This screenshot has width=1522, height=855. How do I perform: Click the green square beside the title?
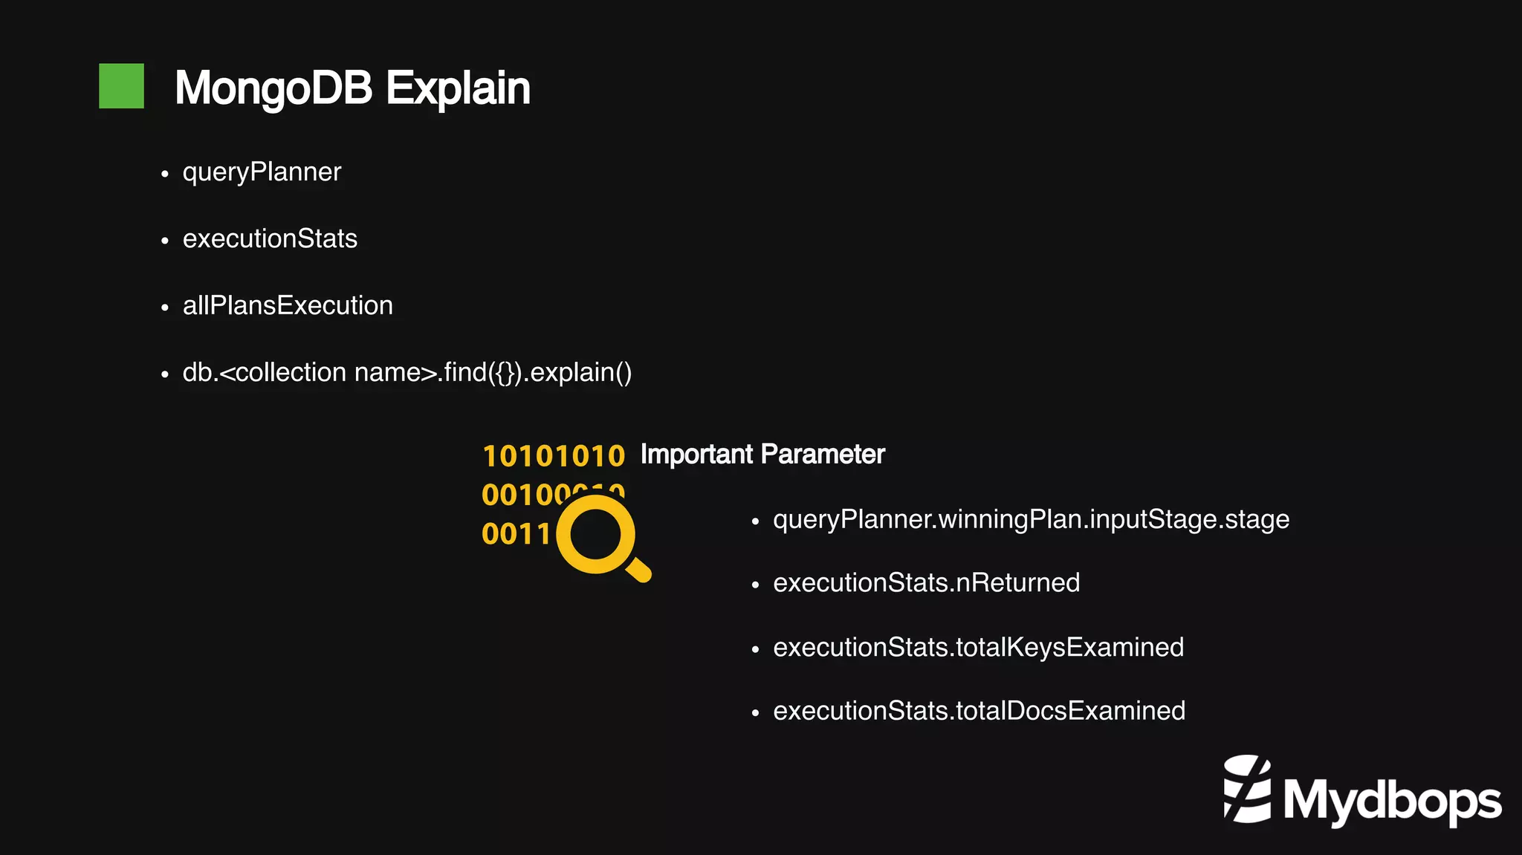(121, 86)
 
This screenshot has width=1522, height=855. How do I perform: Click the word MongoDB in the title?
(273, 88)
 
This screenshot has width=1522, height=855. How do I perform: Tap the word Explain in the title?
(458, 88)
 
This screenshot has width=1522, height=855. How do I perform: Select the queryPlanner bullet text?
(262, 172)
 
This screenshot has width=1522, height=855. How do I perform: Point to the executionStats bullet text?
(270, 239)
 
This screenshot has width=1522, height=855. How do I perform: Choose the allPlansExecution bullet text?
(288, 306)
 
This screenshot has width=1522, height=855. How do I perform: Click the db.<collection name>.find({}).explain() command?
(407, 373)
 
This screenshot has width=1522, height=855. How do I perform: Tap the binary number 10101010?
(554, 456)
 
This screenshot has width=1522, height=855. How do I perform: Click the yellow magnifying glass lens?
(595, 535)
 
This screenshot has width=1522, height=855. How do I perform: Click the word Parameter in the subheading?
(823, 455)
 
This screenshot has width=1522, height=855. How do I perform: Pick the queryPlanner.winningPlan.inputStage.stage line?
(1031, 519)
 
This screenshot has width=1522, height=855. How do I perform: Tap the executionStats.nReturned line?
(926, 583)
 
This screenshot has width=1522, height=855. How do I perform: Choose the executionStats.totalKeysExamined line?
(978, 648)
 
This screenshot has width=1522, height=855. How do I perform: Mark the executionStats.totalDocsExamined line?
(979, 711)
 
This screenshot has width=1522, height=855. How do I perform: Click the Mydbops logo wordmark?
(1391, 802)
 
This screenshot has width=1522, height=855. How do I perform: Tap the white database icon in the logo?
(1247, 789)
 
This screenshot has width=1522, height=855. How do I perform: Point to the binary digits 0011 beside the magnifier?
(516, 534)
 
